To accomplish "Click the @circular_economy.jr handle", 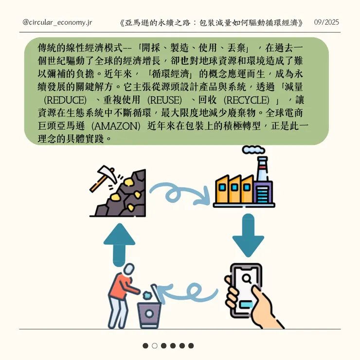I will click(x=57, y=23).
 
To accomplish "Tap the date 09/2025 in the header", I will click(x=326, y=23).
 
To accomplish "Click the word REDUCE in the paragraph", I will click(x=65, y=100).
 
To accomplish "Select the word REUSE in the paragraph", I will click(x=164, y=100).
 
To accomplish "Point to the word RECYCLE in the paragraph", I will click(x=246, y=100).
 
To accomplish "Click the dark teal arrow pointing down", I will click(x=248, y=236).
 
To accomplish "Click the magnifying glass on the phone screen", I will click(x=246, y=279).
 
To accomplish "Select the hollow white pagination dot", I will click(x=155, y=346).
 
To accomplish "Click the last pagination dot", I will click(x=191, y=346).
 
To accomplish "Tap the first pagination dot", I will click(x=145, y=346).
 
